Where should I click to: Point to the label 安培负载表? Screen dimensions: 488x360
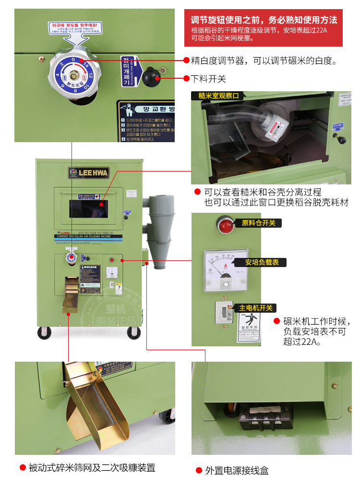[259, 262]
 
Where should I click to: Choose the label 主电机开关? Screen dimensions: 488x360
[255, 308]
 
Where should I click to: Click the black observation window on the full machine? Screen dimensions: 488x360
[88, 209]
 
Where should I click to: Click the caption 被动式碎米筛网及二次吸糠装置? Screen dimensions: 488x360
[92, 467]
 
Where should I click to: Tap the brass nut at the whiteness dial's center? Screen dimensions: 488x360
[74, 75]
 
